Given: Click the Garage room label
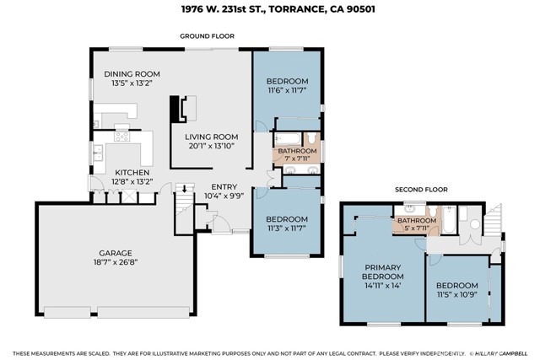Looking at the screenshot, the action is (x=116, y=253).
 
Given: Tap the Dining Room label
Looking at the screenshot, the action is (x=132, y=74).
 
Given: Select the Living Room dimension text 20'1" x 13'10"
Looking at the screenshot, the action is (x=212, y=146).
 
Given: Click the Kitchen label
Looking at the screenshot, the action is (x=132, y=173).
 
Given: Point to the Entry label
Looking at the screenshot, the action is (x=224, y=187).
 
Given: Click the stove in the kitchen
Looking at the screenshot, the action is (x=121, y=137).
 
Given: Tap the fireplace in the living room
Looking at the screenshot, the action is (x=183, y=109).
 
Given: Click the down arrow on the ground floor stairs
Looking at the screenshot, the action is (x=184, y=189).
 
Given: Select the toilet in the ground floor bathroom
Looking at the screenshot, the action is (x=312, y=138).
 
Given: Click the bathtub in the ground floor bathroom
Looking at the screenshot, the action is (x=289, y=139).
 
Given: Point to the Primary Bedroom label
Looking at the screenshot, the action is (x=382, y=271).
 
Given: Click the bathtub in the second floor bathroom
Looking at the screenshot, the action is (x=448, y=220).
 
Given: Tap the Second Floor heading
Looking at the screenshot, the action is (x=421, y=190).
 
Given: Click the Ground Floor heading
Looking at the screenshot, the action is (x=207, y=36).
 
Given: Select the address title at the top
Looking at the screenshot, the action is (x=278, y=9).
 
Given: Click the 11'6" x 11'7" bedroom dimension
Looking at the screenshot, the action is (x=287, y=90).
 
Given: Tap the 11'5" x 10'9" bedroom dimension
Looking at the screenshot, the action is (x=457, y=294).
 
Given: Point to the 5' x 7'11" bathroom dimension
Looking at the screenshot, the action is (x=417, y=228).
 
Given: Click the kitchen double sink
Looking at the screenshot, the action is (x=98, y=153).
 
